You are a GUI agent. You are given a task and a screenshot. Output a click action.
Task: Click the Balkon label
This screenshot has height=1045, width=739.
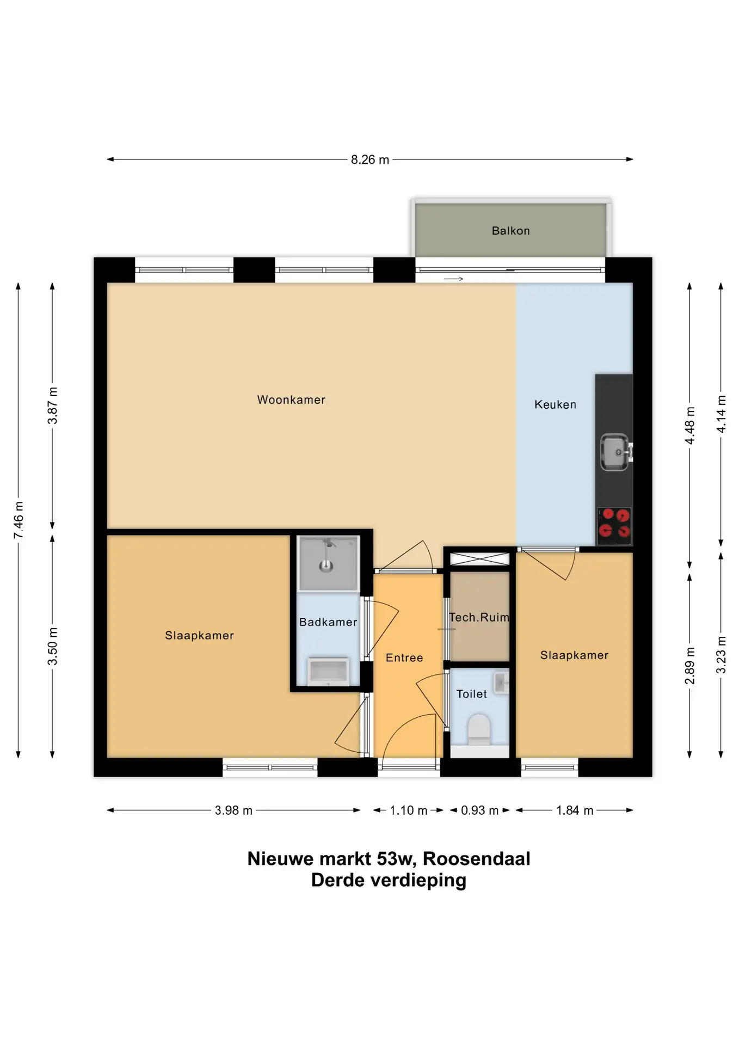pyautogui.click(x=510, y=231)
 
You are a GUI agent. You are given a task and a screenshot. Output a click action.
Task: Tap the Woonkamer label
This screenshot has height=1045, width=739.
pyautogui.click(x=291, y=400)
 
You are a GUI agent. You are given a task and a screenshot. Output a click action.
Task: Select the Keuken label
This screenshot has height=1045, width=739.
pyautogui.click(x=555, y=404)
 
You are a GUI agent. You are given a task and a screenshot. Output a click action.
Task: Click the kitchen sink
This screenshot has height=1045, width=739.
pyautogui.click(x=615, y=452)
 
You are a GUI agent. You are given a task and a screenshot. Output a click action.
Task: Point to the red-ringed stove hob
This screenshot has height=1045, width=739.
pyautogui.click(x=614, y=526)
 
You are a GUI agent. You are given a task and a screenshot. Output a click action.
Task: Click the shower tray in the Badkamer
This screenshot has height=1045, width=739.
pyautogui.click(x=328, y=563)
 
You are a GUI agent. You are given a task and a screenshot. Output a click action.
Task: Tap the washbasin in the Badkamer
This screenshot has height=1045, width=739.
pyautogui.click(x=328, y=672)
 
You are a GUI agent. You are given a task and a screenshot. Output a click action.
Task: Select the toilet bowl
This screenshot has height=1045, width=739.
pyautogui.click(x=479, y=730)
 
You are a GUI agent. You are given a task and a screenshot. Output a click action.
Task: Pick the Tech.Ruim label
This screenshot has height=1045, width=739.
pyautogui.click(x=479, y=617)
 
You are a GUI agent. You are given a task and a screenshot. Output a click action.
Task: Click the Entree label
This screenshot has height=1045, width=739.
pyautogui.click(x=404, y=657)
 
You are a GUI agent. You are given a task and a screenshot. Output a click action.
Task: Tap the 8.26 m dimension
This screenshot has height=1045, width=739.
pyautogui.click(x=370, y=159)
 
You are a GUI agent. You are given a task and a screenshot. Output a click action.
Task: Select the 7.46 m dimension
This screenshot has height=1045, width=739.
pyautogui.click(x=19, y=520)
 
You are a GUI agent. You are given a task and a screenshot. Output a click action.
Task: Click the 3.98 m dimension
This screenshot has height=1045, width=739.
pyautogui.click(x=233, y=810)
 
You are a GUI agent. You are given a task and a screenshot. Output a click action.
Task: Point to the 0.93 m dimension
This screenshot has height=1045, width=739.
pyautogui.click(x=479, y=810)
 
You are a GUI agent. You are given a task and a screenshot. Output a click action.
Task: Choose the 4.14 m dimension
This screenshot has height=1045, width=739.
pyautogui.click(x=721, y=414)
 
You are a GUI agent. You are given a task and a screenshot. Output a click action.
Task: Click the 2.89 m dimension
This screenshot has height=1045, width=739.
pyautogui.click(x=690, y=666)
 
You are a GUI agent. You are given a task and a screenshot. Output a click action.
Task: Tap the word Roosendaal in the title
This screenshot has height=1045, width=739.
pyautogui.click(x=476, y=859)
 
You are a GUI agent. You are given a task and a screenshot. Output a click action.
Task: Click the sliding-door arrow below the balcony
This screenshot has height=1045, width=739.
pyautogui.click(x=453, y=279)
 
